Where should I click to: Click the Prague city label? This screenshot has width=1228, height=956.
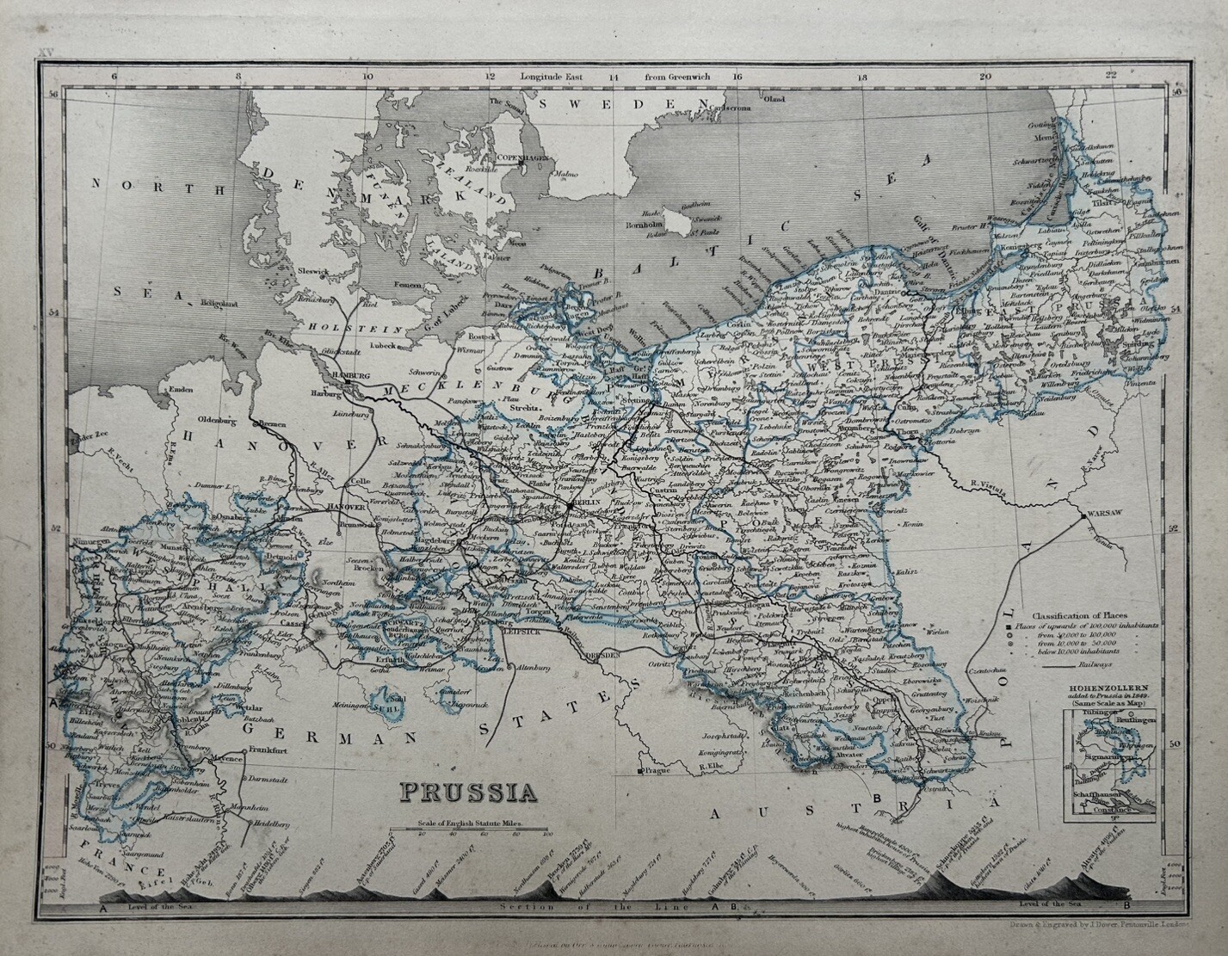tap(656, 771)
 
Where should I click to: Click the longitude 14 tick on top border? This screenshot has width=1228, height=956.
tap(614, 77)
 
